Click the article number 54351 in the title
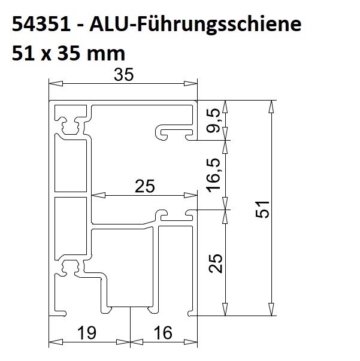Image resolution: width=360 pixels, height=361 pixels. (41, 24)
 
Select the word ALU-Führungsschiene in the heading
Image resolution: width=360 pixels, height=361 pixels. (195, 25)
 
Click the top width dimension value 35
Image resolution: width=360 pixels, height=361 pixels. (123, 74)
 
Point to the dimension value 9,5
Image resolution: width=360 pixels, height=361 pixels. (213, 121)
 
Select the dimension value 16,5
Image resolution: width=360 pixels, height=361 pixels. (213, 175)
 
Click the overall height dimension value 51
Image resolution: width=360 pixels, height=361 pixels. (262, 209)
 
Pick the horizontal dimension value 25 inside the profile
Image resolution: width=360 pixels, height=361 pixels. (145, 186)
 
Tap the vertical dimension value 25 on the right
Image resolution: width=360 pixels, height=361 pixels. (216, 263)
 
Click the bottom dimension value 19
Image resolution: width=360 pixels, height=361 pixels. (87, 333)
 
